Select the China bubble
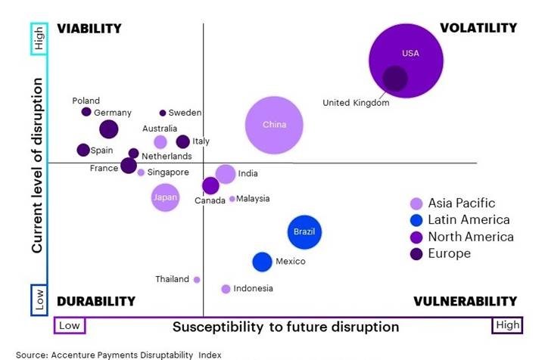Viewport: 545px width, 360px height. pyautogui.click(x=274, y=126)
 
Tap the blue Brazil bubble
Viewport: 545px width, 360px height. pyautogui.click(x=305, y=231)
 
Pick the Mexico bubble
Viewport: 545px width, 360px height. pyautogui.click(x=262, y=262)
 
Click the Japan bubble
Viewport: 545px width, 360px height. pyautogui.click(x=165, y=198)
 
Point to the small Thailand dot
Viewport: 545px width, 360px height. pyautogui.click(x=197, y=279)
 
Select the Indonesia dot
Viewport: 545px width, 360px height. pyautogui.click(x=226, y=289)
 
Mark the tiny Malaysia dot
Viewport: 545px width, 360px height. pyautogui.click(x=232, y=199)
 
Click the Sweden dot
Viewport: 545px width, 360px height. pyautogui.click(x=163, y=113)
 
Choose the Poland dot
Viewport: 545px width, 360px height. pyautogui.click(x=86, y=112)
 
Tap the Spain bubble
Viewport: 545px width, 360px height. pyautogui.click(x=83, y=150)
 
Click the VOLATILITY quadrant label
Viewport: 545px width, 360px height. pyautogui.click(x=478, y=28)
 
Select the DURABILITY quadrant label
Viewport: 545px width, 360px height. pyautogui.click(x=96, y=301)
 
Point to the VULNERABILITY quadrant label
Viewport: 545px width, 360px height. pyautogui.click(x=465, y=301)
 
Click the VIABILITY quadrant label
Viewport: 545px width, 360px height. pyautogui.click(x=89, y=28)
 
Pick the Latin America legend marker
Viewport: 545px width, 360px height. pyautogui.click(x=416, y=220)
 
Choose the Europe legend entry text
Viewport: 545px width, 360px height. pyautogui.click(x=450, y=253)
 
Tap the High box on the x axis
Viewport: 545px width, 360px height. pyautogui.click(x=507, y=326)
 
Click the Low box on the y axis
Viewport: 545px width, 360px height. pyautogui.click(x=39, y=299)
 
